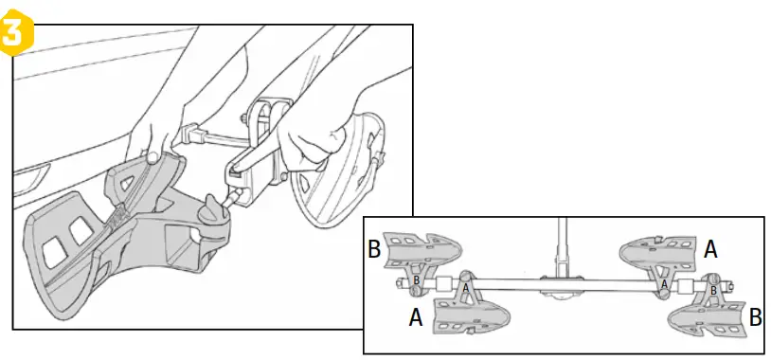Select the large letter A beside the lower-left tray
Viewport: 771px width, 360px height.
pos(413,319)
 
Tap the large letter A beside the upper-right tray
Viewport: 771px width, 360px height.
pos(709,247)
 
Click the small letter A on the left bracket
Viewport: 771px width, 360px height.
pos(465,287)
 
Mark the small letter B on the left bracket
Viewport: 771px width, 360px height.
pos(416,281)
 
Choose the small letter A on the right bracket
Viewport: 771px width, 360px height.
pos(663,284)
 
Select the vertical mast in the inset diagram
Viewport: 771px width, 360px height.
pos(563,246)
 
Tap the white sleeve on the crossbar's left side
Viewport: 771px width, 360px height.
pos(440,284)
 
